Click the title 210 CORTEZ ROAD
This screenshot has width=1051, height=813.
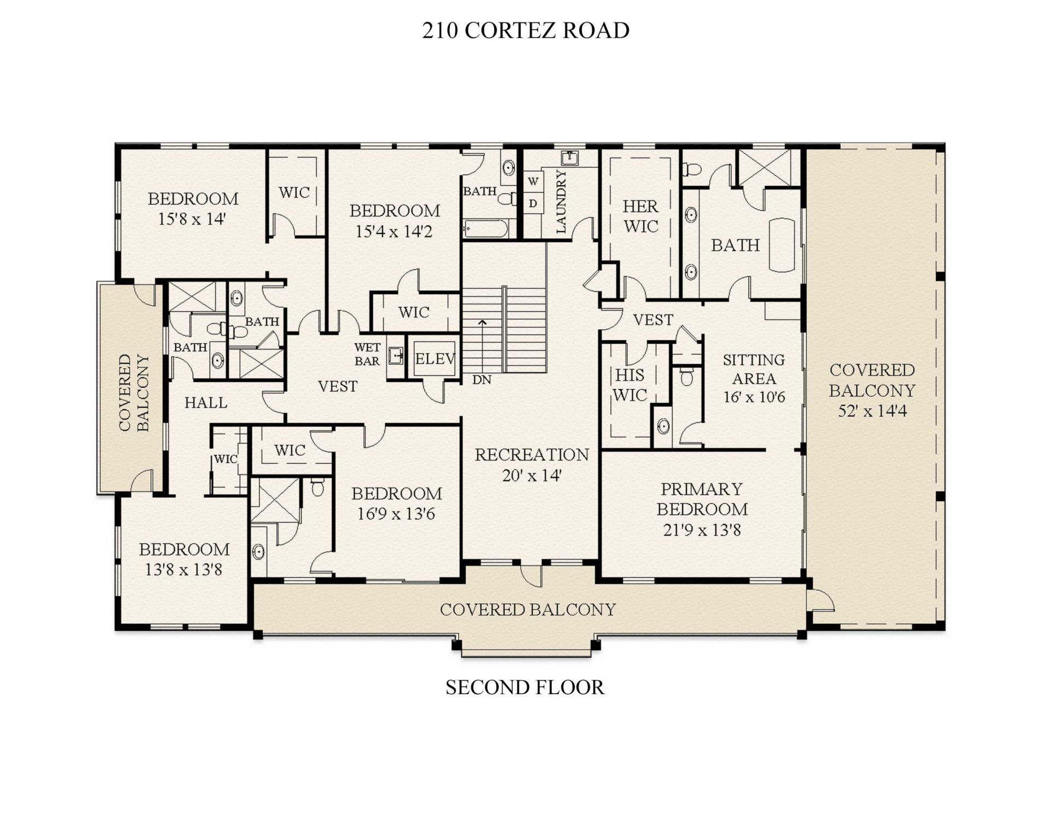pyautogui.click(x=525, y=31)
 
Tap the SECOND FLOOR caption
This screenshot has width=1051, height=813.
pyautogui.click(x=525, y=687)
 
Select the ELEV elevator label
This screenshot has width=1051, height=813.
pyautogui.click(x=435, y=359)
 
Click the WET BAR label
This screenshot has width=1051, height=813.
pyautogui.click(x=367, y=354)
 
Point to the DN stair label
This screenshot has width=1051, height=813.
pyautogui.click(x=482, y=380)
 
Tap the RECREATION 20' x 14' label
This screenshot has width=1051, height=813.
pyautogui.click(x=532, y=465)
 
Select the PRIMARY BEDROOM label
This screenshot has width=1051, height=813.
pyautogui.click(x=702, y=499)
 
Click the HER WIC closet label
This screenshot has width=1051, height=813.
pyautogui.click(x=640, y=216)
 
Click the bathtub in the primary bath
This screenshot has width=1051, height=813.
pyautogui.click(x=782, y=245)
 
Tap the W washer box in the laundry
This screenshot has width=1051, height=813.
pyautogui.click(x=533, y=181)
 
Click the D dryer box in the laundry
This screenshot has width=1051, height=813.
pyautogui.click(x=533, y=204)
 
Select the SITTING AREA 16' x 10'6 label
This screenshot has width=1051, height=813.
pyautogui.click(x=754, y=378)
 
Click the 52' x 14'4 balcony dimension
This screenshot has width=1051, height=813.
pyautogui.click(x=871, y=411)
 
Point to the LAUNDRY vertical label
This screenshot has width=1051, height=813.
pyautogui.click(x=561, y=202)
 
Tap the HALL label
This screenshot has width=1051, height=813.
pyautogui.click(x=206, y=403)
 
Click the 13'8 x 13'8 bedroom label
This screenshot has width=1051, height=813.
pyautogui.click(x=183, y=570)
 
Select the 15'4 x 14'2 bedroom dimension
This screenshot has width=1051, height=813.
pyautogui.click(x=394, y=232)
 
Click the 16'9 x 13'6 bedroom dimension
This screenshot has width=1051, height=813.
pyautogui.click(x=396, y=514)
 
